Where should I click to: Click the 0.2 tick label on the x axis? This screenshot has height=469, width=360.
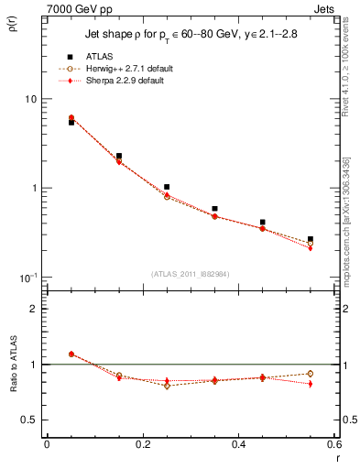143,444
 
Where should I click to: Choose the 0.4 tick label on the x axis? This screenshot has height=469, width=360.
239,444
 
